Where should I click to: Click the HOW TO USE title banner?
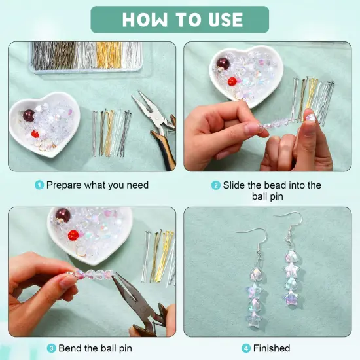[179, 19]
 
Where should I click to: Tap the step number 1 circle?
[39, 185]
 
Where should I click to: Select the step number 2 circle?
[215, 185]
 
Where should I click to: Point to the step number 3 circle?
[51, 348]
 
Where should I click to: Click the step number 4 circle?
[245, 348]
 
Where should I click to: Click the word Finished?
[271, 348]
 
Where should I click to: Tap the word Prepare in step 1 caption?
[65, 185]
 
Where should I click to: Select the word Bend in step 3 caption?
[71, 348]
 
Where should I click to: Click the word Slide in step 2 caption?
[234, 185]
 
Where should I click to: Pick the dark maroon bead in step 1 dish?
[29, 116]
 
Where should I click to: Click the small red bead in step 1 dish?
[35, 134]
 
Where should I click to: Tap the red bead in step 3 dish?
[73, 235]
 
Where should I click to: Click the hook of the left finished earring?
[244, 228]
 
